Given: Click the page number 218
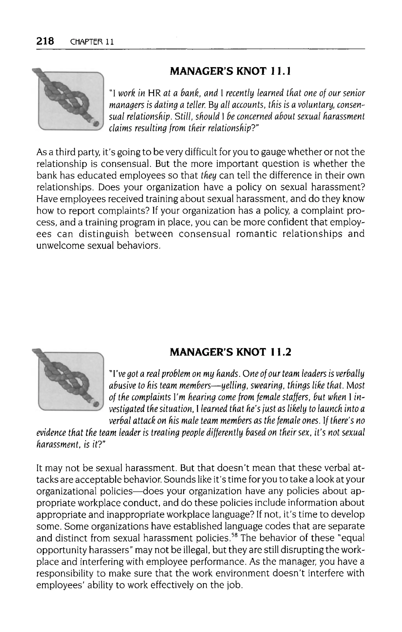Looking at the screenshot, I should click(45, 41).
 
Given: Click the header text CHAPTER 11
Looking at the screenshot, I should click(92, 42).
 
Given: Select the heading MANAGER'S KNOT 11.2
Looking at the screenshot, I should click(230, 352).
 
